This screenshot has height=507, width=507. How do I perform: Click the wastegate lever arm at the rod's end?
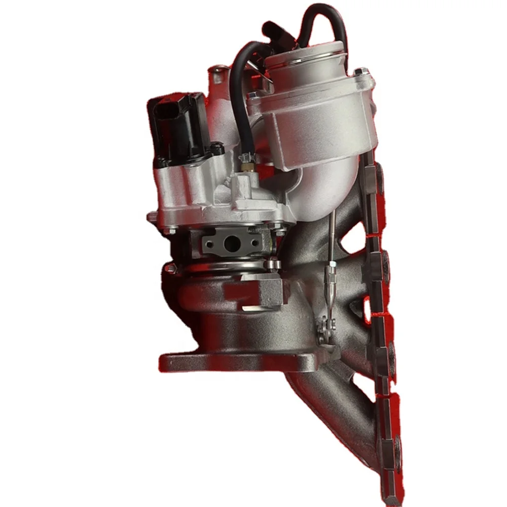coord(322,329)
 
